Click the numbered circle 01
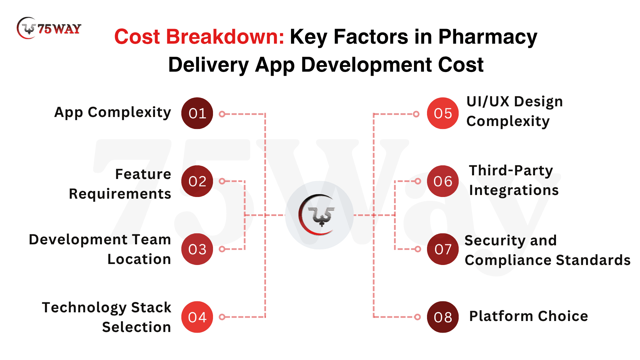(197, 113)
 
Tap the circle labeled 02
(197, 181)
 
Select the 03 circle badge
(197, 249)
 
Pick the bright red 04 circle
(197, 317)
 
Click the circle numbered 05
(443, 113)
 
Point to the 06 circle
(443, 181)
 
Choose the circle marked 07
(443, 249)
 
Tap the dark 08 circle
(443, 317)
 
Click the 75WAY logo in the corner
(49, 28)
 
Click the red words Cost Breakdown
(199, 37)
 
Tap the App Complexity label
(113, 113)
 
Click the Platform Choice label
(529, 316)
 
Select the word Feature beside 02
(143, 174)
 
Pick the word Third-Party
(511, 171)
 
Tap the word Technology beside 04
(85, 308)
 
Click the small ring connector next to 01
(222, 114)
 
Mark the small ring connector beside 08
(417, 317)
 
